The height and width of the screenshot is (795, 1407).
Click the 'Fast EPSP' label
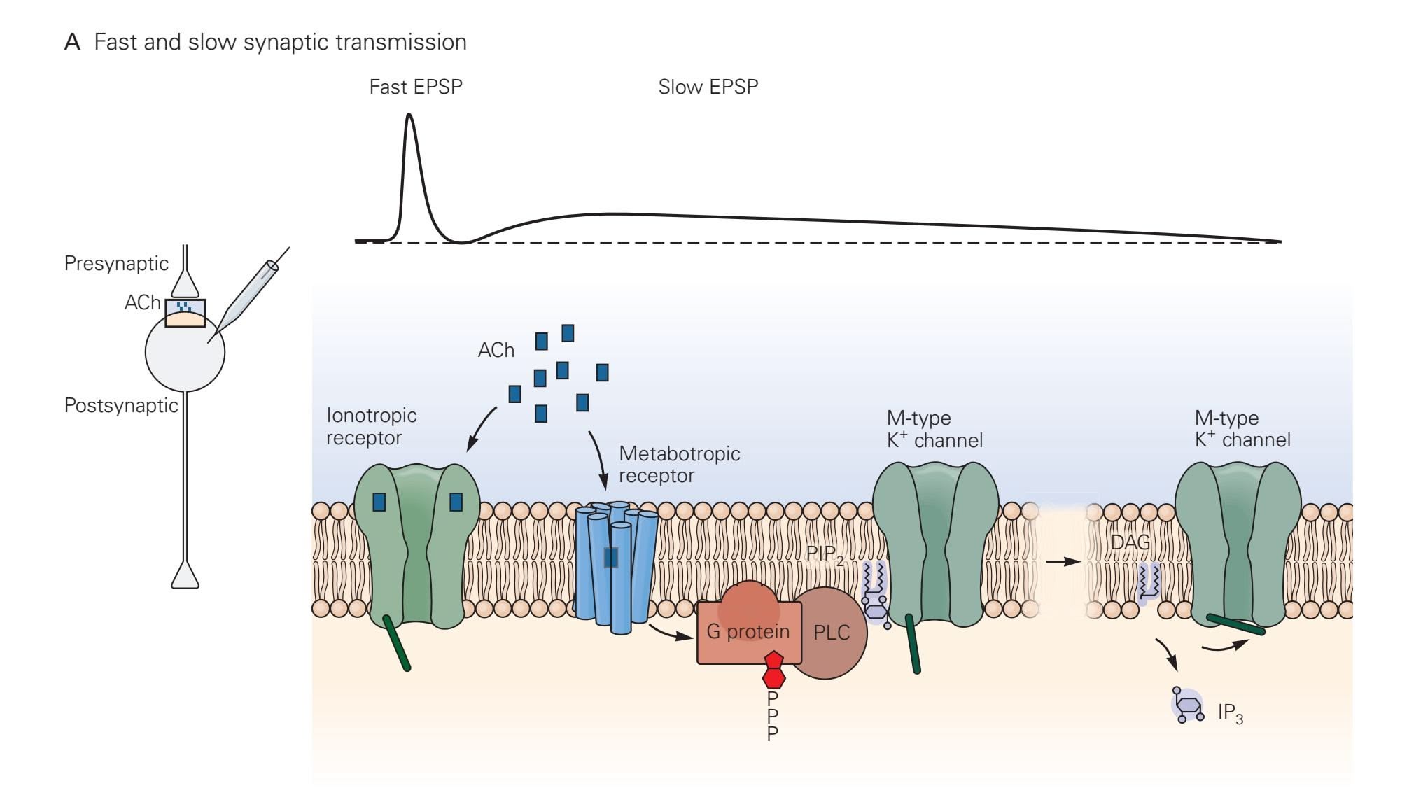click(x=416, y=87)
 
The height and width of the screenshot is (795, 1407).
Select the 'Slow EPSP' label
click(x=708, y=87)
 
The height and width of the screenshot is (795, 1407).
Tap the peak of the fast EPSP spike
click(x=409, y=115)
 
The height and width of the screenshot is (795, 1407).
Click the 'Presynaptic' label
click(x=116, y=263)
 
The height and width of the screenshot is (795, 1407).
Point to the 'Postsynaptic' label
click(x=121, y=405)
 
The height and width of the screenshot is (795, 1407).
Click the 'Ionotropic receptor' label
click(x=371, y=426)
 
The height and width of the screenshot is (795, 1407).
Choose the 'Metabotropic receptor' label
click(x=679, y=464)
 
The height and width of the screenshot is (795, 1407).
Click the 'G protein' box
click(x=748, y=632)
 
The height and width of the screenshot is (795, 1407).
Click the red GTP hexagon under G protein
click(x=773, y=670)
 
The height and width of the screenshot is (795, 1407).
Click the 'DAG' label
click(x=1130, y=542)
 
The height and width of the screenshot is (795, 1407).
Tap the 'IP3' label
click(x=1230, y=713)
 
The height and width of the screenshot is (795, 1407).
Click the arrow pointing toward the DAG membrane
click(x=1063, y=561)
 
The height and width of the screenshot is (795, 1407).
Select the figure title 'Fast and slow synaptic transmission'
click(x=280, y=42)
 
